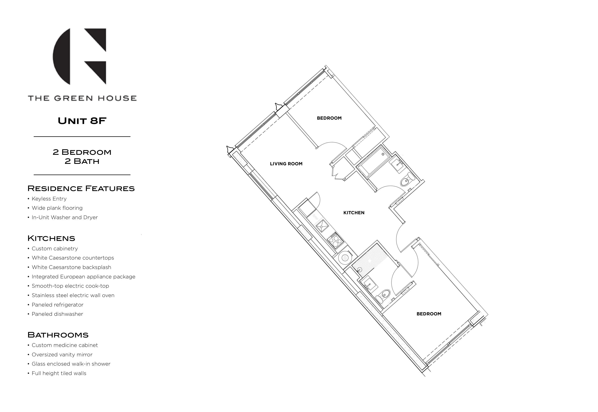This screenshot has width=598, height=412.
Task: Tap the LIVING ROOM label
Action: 286,164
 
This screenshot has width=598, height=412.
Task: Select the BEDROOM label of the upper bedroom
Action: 329,118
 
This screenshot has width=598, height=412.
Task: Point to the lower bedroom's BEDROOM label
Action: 429,314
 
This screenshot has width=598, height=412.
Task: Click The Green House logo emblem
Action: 80,56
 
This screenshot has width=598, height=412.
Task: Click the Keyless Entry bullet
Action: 49,199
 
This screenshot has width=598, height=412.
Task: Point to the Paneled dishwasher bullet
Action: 57,314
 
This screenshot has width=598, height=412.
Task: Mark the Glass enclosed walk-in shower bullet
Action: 71,364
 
